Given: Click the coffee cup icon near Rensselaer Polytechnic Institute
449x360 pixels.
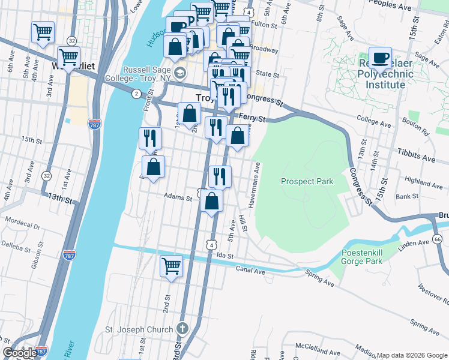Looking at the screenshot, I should pos(379,58).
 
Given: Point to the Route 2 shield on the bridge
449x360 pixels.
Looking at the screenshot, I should pos(136,93).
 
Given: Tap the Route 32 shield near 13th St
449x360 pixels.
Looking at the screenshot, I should pos(46,176).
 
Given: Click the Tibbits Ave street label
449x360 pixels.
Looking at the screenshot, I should pos(415,157).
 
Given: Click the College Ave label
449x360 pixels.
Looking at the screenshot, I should pos(373,119).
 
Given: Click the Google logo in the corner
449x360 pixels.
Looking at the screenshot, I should pos(20,353).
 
